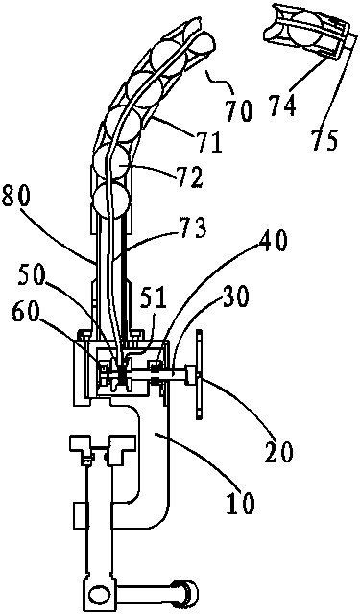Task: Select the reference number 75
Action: [x=324, y=138]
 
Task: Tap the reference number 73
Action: [x=193, y=228]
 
